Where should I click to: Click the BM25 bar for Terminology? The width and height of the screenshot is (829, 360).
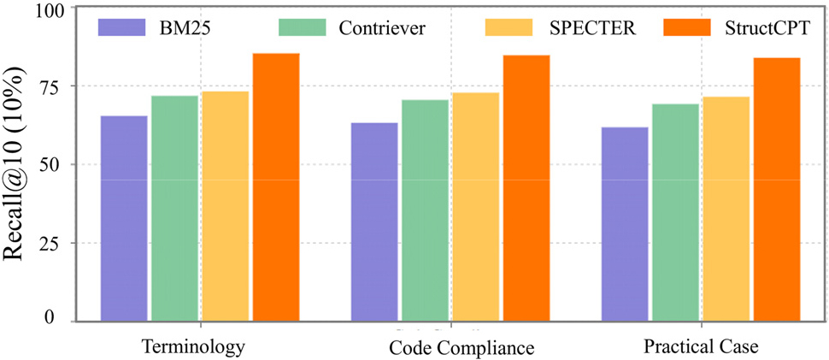tap(124, 218)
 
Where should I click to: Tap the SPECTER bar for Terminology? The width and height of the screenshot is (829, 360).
tap(225, 206)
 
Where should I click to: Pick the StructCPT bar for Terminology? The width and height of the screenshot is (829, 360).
tap(275, 187)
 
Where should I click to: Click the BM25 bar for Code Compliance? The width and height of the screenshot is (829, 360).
tap(374, 221)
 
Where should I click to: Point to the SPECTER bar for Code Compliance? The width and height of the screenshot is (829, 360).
tap(475, 207)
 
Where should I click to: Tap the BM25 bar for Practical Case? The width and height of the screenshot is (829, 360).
tap(625, 224)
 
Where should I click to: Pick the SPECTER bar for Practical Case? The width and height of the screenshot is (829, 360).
tap(726, 209)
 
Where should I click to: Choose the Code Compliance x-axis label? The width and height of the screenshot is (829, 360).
tap(462, 348)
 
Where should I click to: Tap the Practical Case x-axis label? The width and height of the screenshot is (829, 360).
tap(701, 347)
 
